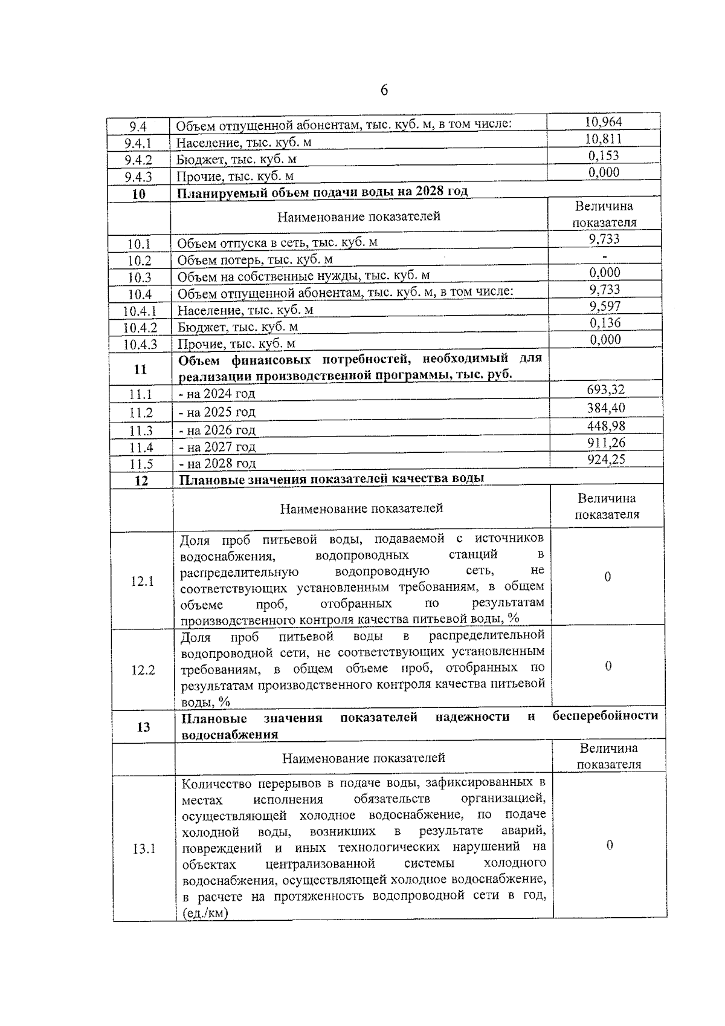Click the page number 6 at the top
384,91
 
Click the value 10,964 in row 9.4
604,122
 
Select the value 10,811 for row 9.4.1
604,138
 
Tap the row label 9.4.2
138,160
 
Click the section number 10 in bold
139,194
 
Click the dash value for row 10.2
605,256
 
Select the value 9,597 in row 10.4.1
605,306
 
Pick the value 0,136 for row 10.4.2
605,323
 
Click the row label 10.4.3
140,345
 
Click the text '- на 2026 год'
217,430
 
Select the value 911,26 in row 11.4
606,443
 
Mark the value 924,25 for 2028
606,459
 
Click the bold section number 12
141,482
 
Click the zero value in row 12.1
607,577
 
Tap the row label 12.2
143,670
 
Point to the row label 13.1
144,849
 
